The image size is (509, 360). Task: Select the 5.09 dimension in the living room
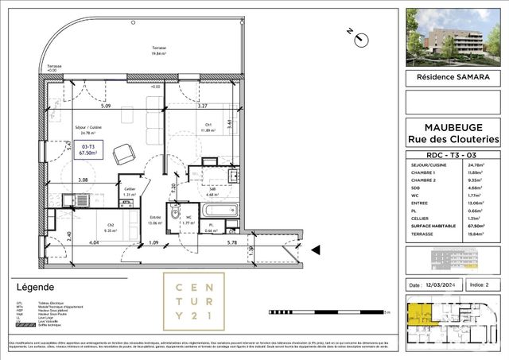[x=105, y=106]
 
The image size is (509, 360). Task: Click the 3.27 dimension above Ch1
[x=202, y=106]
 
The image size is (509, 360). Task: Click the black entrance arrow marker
[x=316, y=250]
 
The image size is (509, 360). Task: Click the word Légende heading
[x=35, y=287]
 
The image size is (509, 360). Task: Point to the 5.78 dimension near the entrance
[x=231, y=242]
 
